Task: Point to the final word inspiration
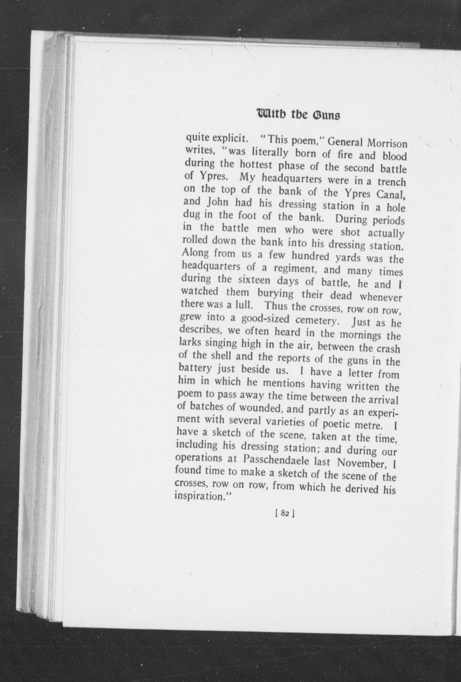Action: (202, 496)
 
